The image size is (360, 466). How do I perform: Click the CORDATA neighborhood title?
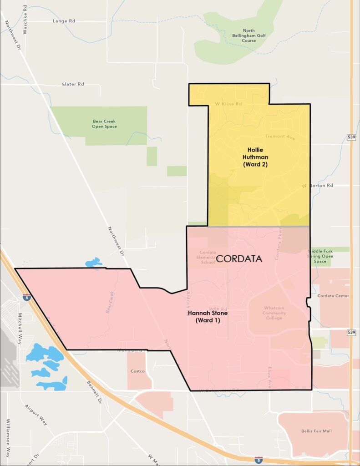pyautogui.click(x=239, y=259)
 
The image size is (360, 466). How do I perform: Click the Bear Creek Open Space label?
pyautogui.click(x=105, y=123)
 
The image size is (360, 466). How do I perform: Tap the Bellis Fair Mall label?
pyautogui.click(x=313, y=431)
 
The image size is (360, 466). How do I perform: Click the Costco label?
pyautogui.click(x=137, y=371)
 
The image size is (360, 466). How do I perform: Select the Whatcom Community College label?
pyautogui.click(x=274, y=313)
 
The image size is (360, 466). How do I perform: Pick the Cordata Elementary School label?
pyautogui.click(x=208, y=257)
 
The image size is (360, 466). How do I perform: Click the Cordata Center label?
pyautogui.click(x=333, y=296)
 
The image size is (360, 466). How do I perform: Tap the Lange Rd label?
pyautogui.click(x=63, y=21)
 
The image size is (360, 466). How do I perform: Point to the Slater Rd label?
pyautogui.click(x=73, y=84)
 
